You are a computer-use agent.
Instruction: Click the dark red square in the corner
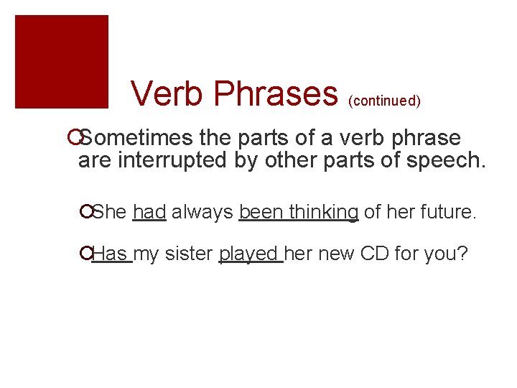pos(62,62)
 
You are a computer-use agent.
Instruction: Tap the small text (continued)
pos(384,101)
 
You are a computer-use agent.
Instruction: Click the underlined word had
pos(149,212)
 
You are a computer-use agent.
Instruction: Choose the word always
pos(202,212)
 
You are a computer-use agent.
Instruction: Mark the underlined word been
pos(256,212)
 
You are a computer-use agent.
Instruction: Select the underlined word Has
pos(112,254)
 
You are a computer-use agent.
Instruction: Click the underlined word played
pos(250,254)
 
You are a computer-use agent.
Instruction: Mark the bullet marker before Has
pos(87,254)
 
